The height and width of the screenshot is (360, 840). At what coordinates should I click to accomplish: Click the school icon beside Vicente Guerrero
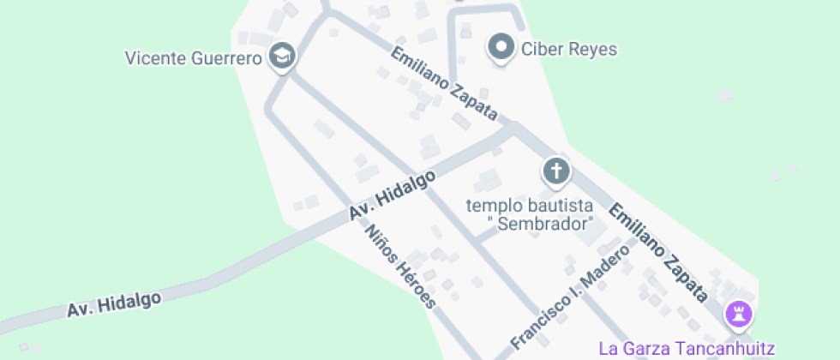pos(281,57)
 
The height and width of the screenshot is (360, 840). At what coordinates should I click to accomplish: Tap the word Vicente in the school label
pos(153,59)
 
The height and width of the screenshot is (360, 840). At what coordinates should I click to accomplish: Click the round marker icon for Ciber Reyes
pos(501,46)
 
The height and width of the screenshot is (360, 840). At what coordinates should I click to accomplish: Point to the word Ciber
pos(541,49)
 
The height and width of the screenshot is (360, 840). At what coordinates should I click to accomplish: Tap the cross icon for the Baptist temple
pos(556,171)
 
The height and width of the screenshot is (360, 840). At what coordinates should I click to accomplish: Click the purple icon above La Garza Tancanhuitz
pos(737,314)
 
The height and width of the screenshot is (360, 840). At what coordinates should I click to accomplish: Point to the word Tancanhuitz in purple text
pos(733,349)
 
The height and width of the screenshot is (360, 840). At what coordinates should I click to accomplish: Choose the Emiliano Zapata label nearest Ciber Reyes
pos(444,83)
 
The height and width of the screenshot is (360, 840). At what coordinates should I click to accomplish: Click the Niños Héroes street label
pos(400,267)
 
